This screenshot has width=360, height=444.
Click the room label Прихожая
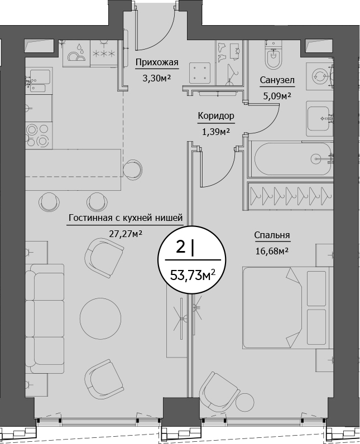pos(157,62)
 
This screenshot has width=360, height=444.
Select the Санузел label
pos(277,80)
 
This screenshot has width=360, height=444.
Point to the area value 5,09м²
pos(277,95)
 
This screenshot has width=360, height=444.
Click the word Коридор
pos(215,116)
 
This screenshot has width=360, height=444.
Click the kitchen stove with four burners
pos(39,133)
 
